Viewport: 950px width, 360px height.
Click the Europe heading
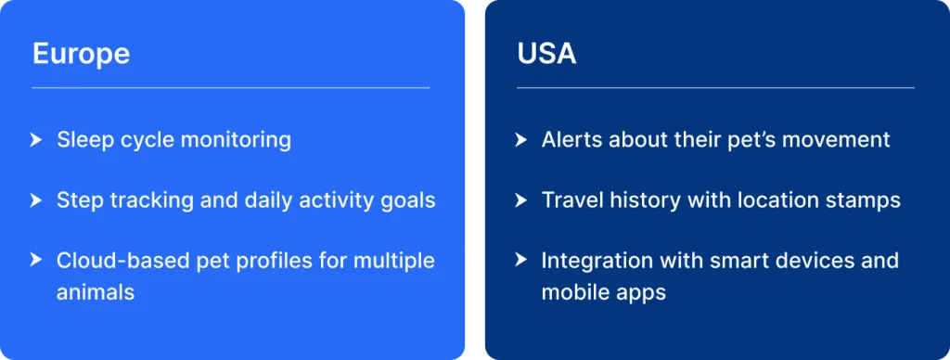click(x=81, y=54)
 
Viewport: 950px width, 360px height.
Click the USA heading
click(x=546, y=54)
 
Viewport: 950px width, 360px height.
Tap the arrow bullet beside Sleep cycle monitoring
click(x=36, y=140)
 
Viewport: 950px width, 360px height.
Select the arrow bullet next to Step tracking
click(x=36, y=200)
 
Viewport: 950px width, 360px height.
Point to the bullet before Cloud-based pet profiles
click(x=36, y=260)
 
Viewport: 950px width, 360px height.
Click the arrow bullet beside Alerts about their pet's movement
click(x=520, y=140)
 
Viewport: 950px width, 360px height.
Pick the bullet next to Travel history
click(x=520, y=200)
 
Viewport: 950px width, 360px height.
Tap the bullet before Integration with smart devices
click(x=520, y=260)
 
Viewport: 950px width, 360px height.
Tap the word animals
click(x=96, y=292)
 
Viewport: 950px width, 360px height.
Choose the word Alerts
click(x=571, y=140)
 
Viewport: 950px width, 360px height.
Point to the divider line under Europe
click(x=231, y=88)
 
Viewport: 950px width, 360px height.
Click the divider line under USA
click(x=715, y=88)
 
